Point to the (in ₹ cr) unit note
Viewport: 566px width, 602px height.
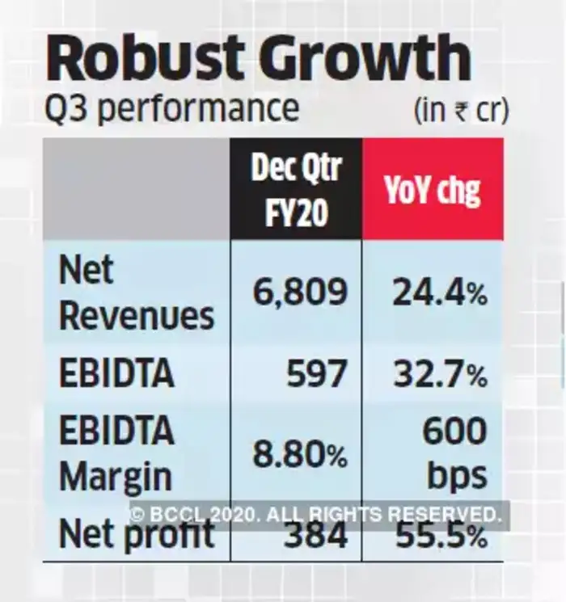point(461,110)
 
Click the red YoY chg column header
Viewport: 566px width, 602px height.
point(433,191)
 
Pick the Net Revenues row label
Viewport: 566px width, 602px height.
point(136,293)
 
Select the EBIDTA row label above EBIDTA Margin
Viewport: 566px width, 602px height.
point(116,373)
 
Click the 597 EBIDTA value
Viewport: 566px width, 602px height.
point(316,373)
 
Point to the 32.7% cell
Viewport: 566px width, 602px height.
point(439,373)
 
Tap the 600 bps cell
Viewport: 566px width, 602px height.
point(454,453)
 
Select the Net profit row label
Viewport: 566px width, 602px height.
point(136,534)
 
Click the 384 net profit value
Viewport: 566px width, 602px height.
point(316,535)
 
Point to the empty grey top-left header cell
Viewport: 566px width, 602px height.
point(136,189)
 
